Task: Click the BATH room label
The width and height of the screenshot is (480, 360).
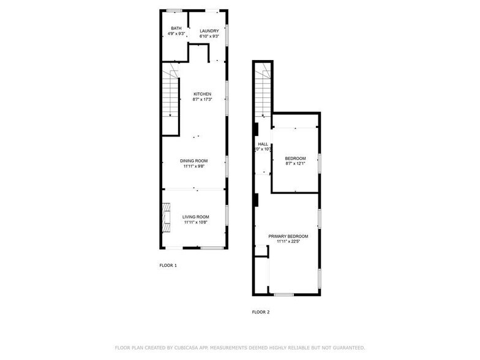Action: coord(176,28)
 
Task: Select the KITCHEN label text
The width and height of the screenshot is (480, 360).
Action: coord(202,94)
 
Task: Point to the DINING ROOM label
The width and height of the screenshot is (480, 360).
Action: coord(193,160)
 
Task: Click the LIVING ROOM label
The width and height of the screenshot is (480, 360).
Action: coord(195,217)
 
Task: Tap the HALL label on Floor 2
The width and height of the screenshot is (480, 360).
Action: coord(263,144)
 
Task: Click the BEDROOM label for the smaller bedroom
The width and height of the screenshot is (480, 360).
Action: coord(295,158)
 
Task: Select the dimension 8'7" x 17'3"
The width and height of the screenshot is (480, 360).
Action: coord(202,99)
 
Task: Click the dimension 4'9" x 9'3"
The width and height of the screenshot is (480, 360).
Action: coord(176,34)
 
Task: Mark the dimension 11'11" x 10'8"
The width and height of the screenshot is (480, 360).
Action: coord(195,222)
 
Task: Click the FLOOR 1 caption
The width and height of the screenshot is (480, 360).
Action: coord(168,266)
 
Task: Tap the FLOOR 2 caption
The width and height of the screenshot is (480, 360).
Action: coord(260,312)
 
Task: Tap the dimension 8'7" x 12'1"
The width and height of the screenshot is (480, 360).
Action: coord(295,163)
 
